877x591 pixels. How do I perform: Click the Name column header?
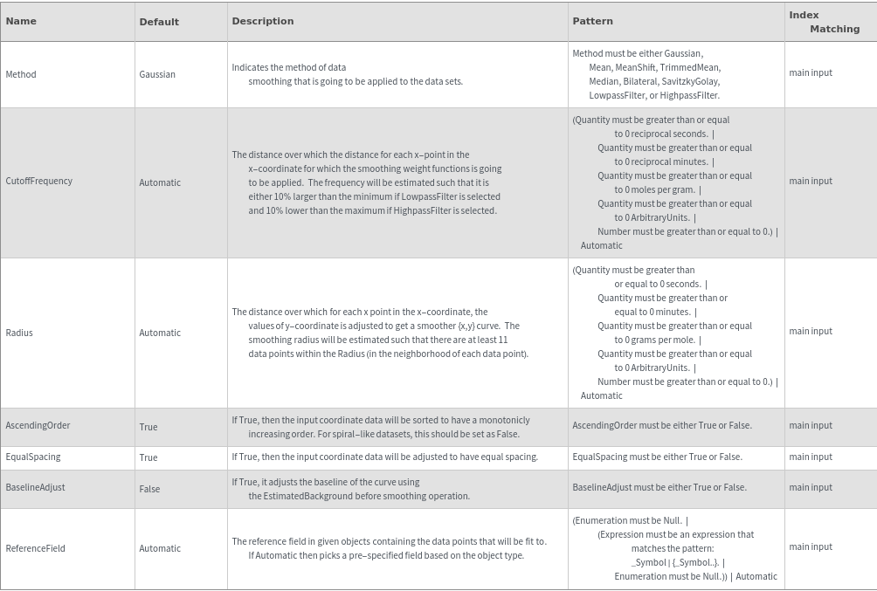coord(21,21)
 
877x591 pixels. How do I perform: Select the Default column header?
coord(159,22)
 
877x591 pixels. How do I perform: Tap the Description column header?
coord(263,21)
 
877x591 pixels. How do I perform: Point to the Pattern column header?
coord(592,21)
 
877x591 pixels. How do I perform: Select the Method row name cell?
coord(21,74)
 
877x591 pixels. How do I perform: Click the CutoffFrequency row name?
coord(39,181)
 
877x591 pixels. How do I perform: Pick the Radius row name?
coord(19,333)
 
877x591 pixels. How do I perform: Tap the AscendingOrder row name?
coord(38,425)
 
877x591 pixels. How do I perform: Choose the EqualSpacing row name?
coord(33,457)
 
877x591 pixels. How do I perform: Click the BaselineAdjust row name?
coord(35,487)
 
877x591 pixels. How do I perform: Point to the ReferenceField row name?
coord(35,548)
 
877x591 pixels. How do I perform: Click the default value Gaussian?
coord(157,74)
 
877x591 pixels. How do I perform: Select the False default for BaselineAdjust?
coord(149,489)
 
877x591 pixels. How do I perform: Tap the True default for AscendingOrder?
coord(148,427)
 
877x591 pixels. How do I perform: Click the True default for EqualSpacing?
coord(148,457)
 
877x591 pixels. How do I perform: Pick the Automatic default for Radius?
coord(160,333)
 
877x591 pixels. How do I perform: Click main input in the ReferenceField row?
coord(811,546)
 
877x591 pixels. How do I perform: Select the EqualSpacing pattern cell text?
coord(657,457)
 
